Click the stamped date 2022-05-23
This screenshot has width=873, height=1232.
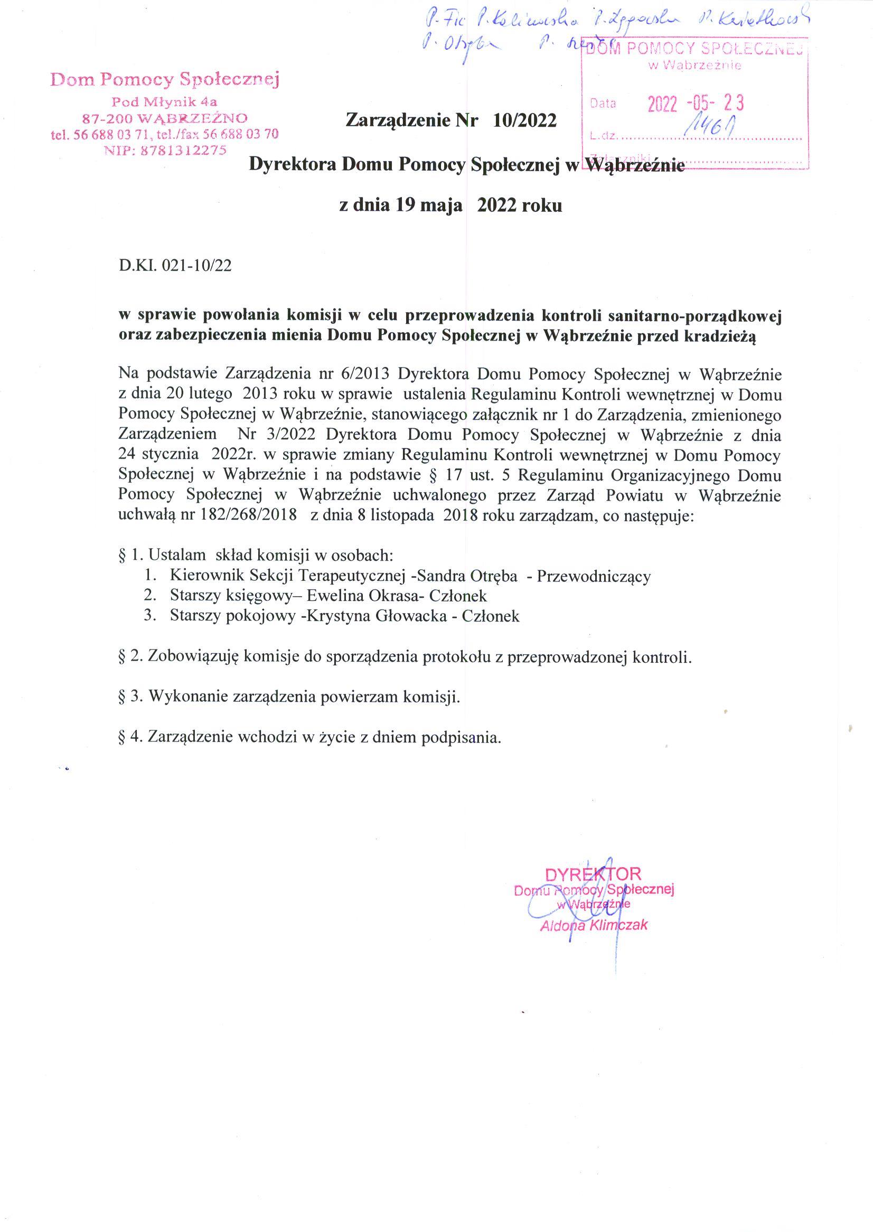696,103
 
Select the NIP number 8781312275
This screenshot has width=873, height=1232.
183,151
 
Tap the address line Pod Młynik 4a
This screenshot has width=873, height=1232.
164,101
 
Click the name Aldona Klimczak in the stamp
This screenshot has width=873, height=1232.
594,925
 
